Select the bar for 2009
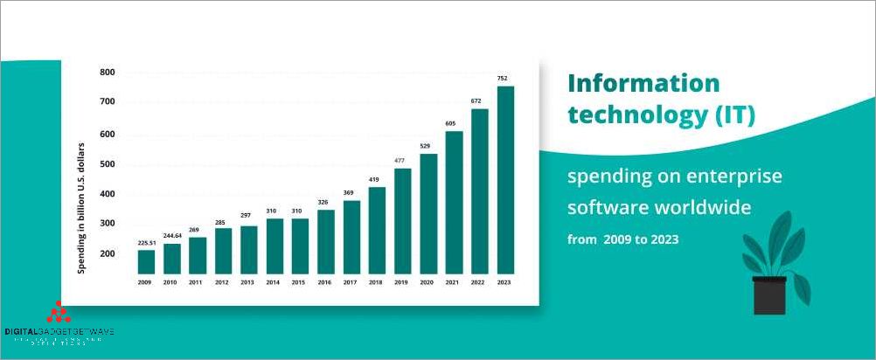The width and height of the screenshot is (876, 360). (146, 261)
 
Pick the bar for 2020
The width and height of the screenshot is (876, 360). (428, 213)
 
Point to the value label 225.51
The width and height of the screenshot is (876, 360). (146, 242)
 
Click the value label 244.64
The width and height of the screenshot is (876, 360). (172, 235)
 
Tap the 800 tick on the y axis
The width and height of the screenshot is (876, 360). (108, 72)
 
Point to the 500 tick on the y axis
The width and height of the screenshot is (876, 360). (108, 164)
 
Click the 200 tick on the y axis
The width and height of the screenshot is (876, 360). (108, 253)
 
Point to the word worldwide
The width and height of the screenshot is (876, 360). (708, 208)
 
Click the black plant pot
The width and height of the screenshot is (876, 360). (770, 295)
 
